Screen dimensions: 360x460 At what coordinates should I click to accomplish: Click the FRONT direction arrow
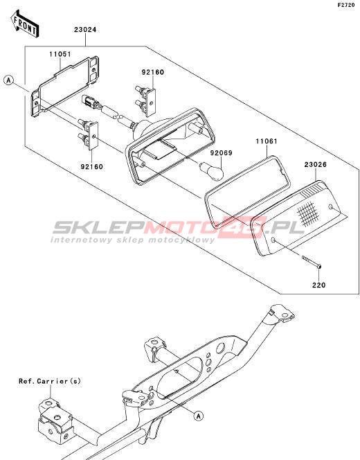25,24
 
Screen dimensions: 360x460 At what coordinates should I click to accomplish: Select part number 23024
85,30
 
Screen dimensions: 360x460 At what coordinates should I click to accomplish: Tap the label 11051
60,54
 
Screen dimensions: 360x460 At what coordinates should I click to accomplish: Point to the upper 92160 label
153,72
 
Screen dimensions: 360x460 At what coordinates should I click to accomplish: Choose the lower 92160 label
92,167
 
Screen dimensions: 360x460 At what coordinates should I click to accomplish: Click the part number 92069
222,153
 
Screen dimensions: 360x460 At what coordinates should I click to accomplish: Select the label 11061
266,141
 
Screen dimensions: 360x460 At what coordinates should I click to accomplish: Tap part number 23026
315,165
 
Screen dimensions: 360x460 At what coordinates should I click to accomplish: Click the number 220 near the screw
318,285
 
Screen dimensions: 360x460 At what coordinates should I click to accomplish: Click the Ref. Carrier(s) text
50,381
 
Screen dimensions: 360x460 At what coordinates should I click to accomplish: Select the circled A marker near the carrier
199,416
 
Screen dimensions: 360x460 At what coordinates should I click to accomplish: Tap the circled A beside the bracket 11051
9,80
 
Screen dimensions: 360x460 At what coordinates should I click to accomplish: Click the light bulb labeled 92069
212,170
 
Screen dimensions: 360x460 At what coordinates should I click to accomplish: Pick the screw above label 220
312,262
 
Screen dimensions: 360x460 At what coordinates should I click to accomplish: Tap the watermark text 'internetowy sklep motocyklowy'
132,240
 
